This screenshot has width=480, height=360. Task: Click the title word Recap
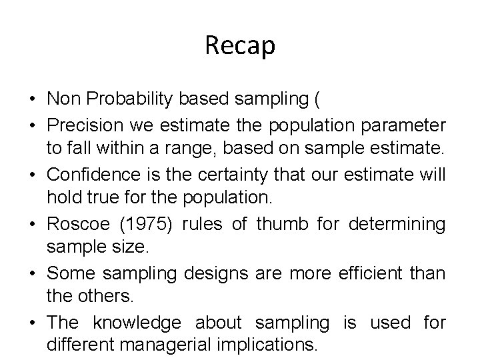(240, 46)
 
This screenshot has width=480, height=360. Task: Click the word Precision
(84, 125)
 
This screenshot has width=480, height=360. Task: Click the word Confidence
(90, 175)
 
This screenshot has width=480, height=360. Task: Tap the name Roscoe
(73, 224)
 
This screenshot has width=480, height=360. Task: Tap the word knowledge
(136, 323)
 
